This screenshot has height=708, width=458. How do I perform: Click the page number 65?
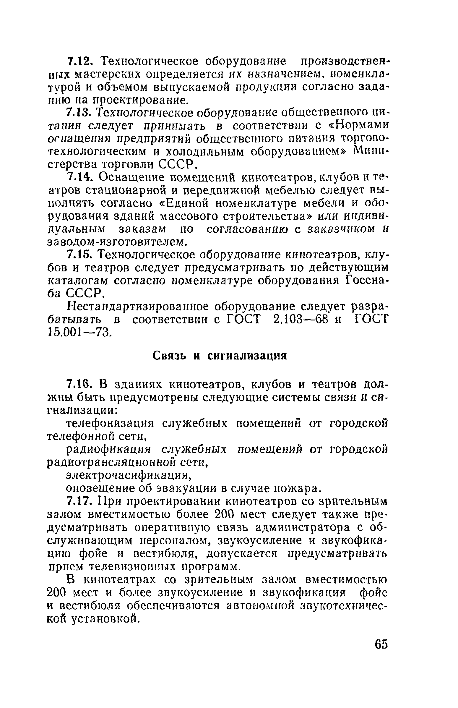coord(381,644)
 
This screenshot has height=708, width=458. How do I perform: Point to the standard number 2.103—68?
coord(300,320)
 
